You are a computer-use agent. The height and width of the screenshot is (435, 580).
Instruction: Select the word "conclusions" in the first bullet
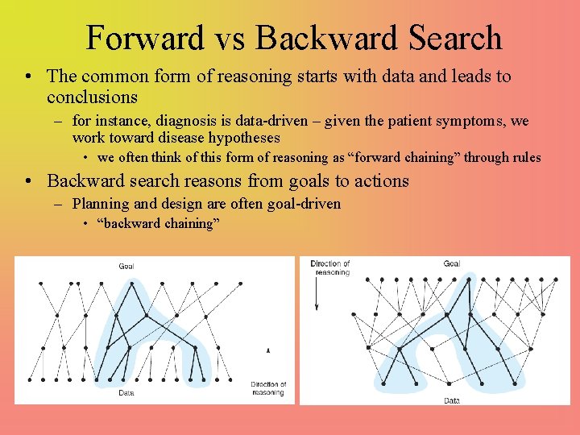click(x=92, y=97)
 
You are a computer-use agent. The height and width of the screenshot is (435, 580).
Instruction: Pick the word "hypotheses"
click(x=242, y=138)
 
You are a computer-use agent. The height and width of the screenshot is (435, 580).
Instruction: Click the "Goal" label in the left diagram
click(x=126, y=266)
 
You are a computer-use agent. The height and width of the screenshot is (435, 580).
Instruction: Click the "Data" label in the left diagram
click(x=126, y=393)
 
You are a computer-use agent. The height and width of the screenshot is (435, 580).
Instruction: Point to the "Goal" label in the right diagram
click(x=452, y=263)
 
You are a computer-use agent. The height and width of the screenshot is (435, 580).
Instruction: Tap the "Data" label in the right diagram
click(x=452, y=400)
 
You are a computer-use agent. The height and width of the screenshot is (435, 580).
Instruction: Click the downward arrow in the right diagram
click(x=318, y=296)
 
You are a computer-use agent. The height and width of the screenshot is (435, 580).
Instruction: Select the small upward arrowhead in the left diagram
click(x=268, y=350)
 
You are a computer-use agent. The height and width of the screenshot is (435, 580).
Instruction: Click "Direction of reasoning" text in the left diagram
click(x=267, y=388)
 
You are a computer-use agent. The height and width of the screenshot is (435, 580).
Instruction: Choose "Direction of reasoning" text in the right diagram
click(x=331, y=267)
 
